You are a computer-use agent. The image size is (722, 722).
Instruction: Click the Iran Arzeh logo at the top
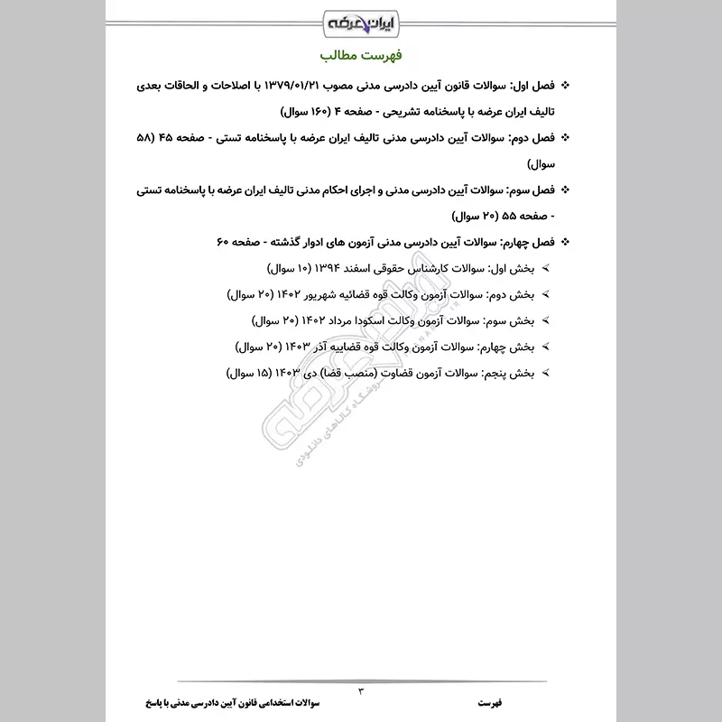(x=360, y=19)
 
